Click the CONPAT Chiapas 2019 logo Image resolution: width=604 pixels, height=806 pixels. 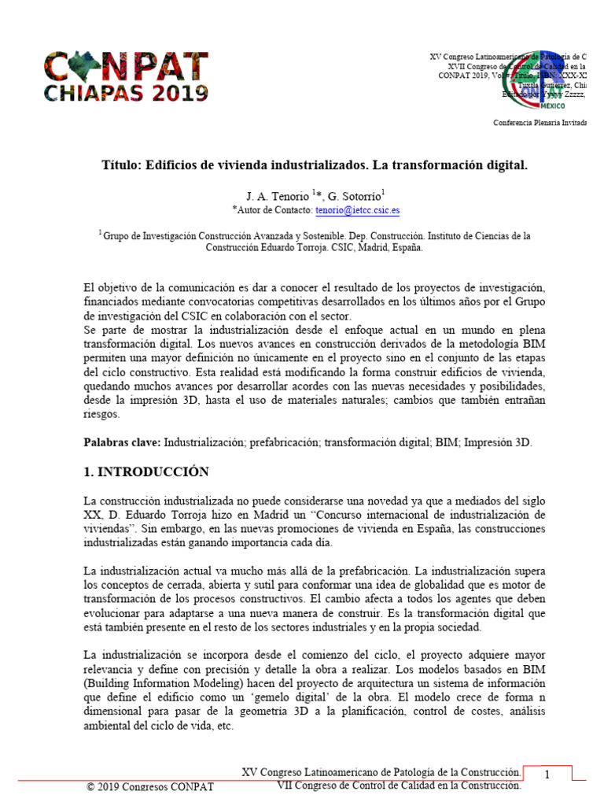[x=125, y=76]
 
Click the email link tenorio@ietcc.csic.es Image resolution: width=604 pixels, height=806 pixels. [x=357, y=211]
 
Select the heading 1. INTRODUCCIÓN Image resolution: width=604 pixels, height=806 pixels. [x=146, y=472]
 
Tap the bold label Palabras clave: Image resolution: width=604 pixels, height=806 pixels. [x=122, y=443]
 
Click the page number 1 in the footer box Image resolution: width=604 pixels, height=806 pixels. [x=547, y=775]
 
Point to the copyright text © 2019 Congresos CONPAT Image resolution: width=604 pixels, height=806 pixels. [x=149, y=787]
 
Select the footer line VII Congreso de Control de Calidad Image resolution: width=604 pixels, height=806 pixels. [x=400, y=786]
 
